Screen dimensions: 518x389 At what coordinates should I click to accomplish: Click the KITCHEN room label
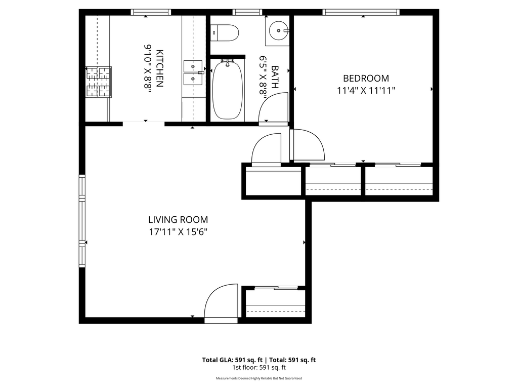159,68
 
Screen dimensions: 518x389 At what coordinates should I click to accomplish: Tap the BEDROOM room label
366,79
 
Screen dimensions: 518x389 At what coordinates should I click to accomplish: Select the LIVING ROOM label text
178,220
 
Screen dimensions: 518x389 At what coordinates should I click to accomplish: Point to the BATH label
275,77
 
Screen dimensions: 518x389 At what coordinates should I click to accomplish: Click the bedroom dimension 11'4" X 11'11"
366,90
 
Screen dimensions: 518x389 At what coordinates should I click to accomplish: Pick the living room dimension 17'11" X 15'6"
178,232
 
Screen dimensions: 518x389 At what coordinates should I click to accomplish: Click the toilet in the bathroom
224,33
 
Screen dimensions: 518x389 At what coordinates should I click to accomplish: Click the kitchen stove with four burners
99,82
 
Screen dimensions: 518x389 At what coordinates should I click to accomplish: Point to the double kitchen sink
193,73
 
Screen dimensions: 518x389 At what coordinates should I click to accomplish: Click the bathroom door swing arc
273,107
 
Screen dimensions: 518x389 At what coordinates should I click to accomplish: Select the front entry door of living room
221,302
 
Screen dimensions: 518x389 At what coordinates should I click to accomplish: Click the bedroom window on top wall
361,12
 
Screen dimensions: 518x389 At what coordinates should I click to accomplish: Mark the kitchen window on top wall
151,12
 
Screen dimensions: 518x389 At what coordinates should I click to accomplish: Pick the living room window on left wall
81,221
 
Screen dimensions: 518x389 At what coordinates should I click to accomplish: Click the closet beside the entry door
276,303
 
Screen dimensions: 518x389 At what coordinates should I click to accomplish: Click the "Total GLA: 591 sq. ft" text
232,360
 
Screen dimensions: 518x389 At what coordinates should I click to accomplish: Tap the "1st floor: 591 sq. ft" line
259,367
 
